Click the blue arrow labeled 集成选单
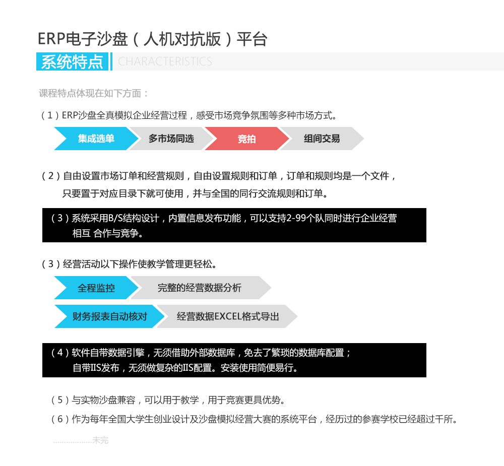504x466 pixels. click(x=96, y=139)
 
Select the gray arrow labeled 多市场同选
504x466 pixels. click(x=171, y=139)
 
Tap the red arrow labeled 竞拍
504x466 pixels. click(x=246, y=139)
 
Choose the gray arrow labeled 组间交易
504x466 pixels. click(x=322, y=139)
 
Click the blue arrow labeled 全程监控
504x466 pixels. click(x=96, y=288)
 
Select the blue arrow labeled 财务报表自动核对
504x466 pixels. click(x=109, y=316)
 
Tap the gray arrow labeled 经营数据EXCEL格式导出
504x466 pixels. click(x=227, y=316)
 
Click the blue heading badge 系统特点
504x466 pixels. click(x=72, y=61)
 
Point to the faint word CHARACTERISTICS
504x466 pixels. click(x=165, y=61)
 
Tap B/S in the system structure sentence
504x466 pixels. click(x=115, y=218)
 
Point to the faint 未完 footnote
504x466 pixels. click(x=100, y=440)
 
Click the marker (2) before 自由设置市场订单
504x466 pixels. click(x=51, y=176)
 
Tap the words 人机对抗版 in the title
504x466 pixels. click(x=182, y=39)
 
